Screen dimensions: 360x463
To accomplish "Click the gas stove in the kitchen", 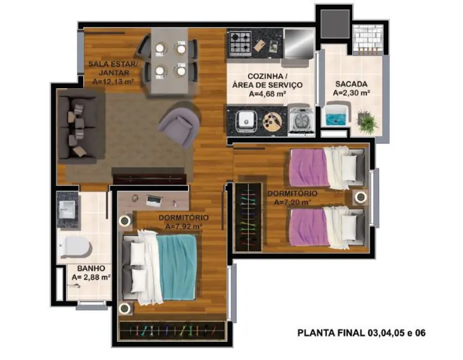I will [240, 42].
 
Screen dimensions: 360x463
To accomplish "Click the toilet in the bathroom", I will [76, 246].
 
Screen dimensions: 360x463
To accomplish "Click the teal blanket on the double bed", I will [177, 266].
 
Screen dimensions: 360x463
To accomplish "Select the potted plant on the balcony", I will [366, 121].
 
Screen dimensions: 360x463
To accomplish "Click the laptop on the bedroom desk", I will [153, 199].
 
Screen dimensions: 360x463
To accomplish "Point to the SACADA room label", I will [351, 84].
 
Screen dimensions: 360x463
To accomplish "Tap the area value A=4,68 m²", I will [267, 94].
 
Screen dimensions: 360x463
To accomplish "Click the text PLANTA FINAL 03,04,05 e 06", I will [361, 333].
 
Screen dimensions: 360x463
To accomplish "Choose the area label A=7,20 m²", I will [292, 202].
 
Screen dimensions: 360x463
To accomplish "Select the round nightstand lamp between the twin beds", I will [361, 198].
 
